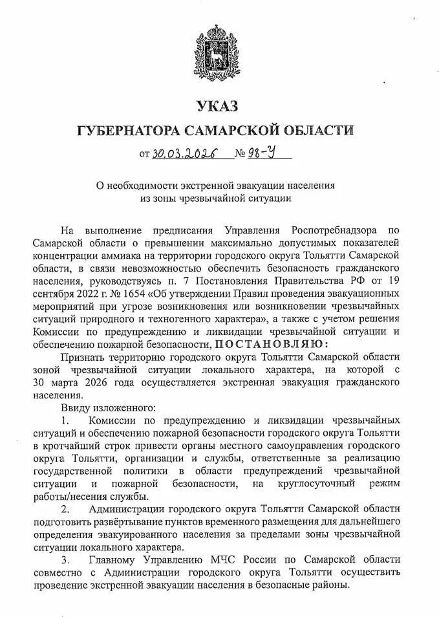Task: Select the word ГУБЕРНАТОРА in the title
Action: click(x=129, y=131)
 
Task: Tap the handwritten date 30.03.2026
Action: click(x=184, y=155)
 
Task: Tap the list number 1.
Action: click(x=65, y=420)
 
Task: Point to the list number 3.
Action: click(x=65, y=558)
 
